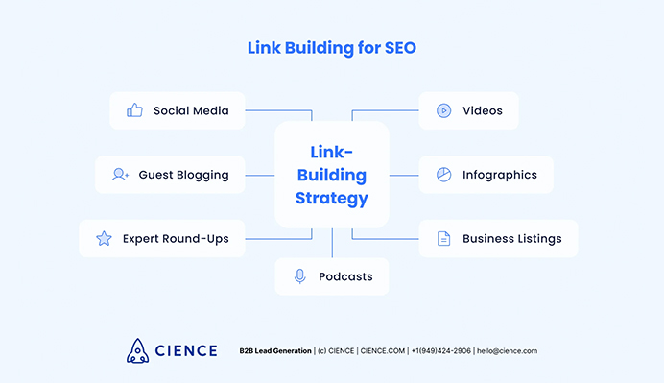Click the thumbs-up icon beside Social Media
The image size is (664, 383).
click(135, 110)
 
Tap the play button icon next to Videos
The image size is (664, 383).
click(443, 110)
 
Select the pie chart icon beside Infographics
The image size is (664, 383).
click(443, 175)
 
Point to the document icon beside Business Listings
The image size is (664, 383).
click(443, 238)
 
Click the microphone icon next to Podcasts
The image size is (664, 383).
click(299, 276)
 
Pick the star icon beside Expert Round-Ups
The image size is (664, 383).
click(104, 238)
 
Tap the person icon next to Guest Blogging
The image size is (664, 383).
click(120, 175)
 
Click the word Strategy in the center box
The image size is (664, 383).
click(332, 200)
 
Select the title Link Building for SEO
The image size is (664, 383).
click(332, 46)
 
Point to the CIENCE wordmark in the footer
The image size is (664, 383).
click(186, 351)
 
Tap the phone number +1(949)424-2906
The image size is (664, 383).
click(440, 351)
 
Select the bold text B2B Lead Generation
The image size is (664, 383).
click(275, 351)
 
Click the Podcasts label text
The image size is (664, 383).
click(345, 276)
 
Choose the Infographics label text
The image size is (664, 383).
click(499, 175)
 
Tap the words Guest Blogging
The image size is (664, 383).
click(183, 175)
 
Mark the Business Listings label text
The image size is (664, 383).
click(512, 238)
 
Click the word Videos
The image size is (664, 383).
click(482, 110)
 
